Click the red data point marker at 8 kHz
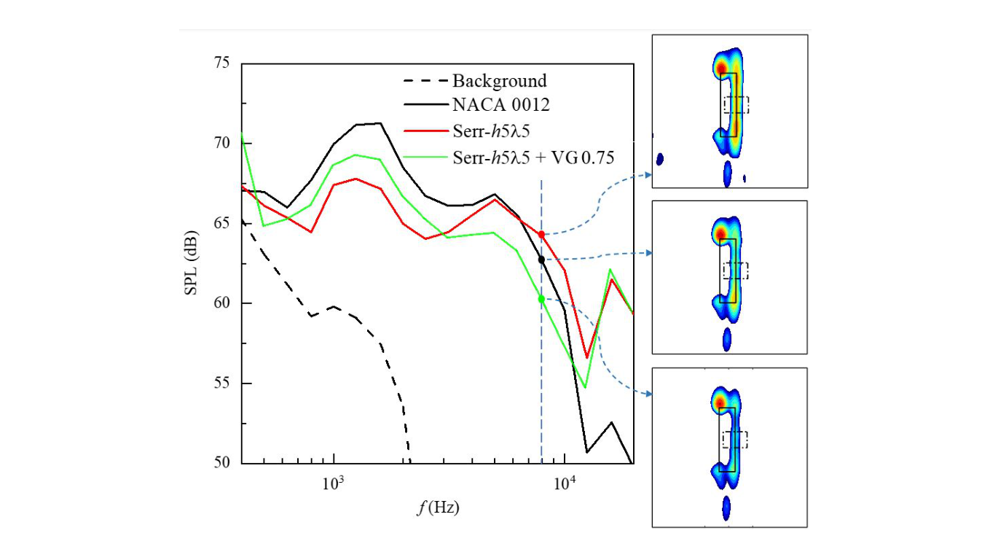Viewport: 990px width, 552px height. coord(541,234)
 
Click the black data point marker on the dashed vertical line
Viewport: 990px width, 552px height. coord(541,259)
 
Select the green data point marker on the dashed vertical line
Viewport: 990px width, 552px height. coord(541,299)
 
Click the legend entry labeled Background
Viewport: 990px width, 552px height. coord(500,80)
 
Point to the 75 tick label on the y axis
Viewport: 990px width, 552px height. coord(220,63)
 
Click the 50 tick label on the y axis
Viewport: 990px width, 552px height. coord(220,463)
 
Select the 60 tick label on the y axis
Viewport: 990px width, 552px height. coord(220,303)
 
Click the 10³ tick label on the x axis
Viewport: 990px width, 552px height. coord(333,483)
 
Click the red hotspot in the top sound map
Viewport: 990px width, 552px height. coord(722,69)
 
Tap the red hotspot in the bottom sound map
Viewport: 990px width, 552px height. coord(720,402)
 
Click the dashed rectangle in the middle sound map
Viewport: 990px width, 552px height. coord(736,271)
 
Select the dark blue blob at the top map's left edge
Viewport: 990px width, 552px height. coord(660,159)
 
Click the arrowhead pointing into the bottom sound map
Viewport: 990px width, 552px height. coord(648,394)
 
